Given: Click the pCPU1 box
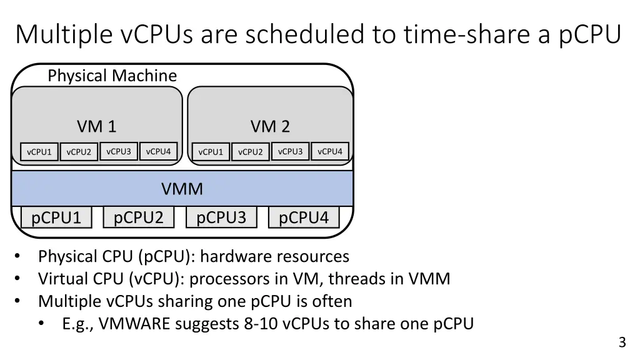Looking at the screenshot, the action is click(x=56, y=218).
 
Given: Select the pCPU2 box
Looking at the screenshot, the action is click(x=139, y=217).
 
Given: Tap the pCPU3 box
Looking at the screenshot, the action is click(x=221, y=217).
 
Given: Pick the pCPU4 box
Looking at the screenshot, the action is click(x=304, y=217).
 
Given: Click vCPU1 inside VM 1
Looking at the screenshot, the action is click(x=39, y=152).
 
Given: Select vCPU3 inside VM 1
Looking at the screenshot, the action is click(x=119, y=151).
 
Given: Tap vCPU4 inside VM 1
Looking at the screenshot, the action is click(x=158, y=151).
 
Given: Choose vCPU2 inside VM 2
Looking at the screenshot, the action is click(x=251, y=152).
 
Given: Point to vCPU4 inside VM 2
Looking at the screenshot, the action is click(x=330, y=151).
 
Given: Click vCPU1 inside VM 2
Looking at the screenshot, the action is click(x=211, y=152).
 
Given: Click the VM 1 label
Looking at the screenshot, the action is click(x=97, y=127).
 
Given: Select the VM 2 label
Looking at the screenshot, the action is click(x=270, y=127).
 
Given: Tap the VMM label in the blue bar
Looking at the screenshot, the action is click(x=182, y=189).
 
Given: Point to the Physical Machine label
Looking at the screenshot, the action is click(x=112, y=76).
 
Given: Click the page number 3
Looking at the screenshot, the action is click(x=622, y=342).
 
